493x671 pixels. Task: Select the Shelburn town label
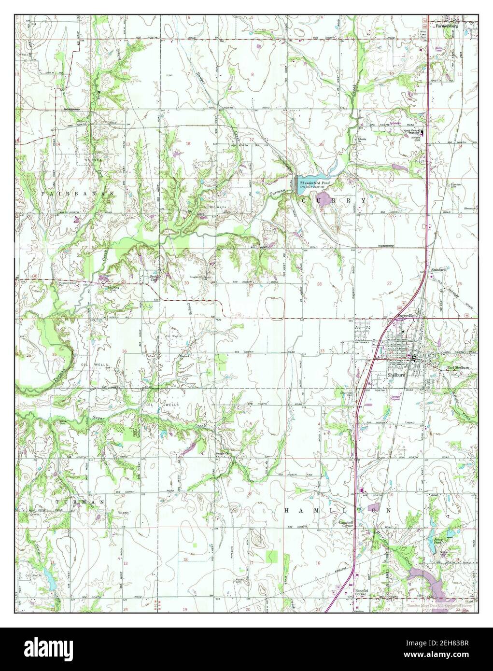(x=395, y=375)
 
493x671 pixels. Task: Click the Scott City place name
(x=154, y=278)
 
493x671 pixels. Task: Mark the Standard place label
(x=438, y=269)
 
